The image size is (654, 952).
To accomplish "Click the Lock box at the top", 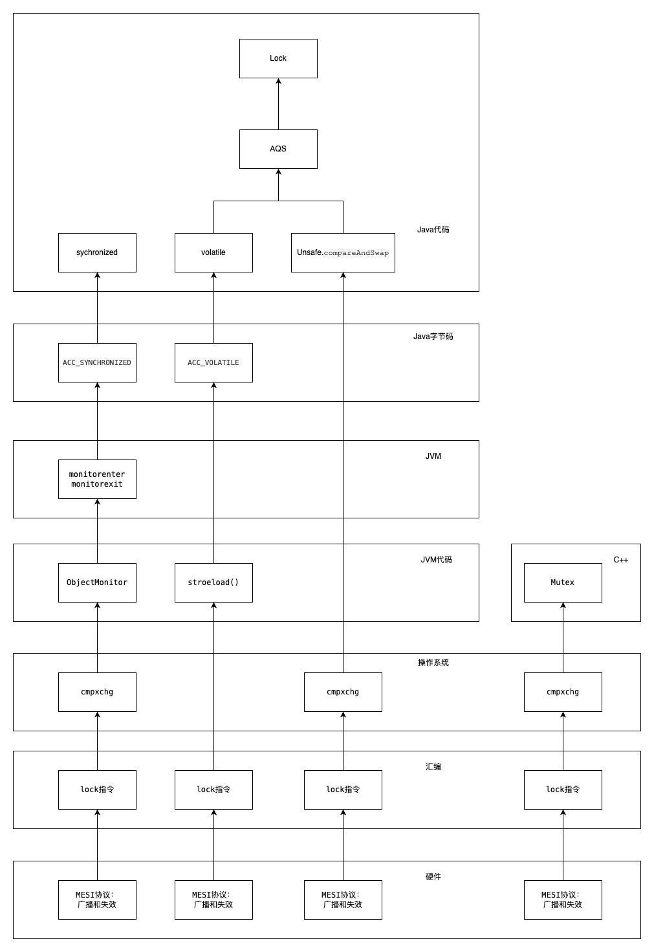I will click(278, 58).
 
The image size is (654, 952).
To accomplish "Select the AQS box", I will click(278, 149).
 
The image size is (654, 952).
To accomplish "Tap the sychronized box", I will click(97, 252).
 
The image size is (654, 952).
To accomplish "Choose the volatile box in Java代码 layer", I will click(213, 252).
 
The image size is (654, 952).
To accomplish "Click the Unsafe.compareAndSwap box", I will click(343, 252).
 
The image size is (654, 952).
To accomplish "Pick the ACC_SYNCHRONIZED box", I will click(97, 362).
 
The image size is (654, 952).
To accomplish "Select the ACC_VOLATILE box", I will click(213, 362).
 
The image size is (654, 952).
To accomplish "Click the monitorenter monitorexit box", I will click(97, 479).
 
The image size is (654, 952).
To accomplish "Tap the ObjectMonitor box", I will click(97, 582).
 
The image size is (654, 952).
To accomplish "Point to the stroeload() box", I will click(213, 582).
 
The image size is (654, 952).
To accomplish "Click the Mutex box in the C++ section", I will click(563, 582).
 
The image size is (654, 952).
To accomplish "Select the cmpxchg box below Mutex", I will click(563, 692).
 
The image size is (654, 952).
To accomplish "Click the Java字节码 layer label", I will click(433, 337).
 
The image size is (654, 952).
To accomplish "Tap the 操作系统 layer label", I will click(433, 663).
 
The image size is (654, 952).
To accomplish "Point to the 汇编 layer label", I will click(433, 767).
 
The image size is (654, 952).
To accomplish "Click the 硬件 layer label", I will click(433, 877).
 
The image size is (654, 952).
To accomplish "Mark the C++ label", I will click(620, 560).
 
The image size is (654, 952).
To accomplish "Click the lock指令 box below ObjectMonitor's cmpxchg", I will click(97, 790).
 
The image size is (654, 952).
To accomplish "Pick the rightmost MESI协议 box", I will click(563, 900).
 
